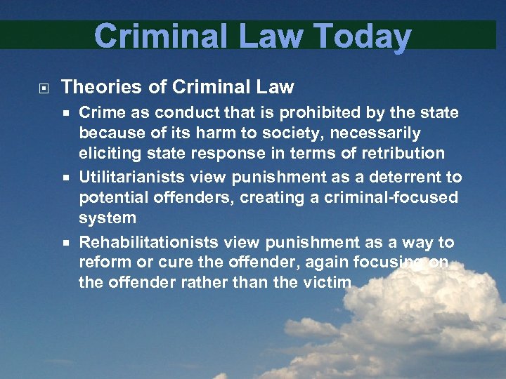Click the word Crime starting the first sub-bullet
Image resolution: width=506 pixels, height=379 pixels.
point(100,112)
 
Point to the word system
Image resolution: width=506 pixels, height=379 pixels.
point(108,218)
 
